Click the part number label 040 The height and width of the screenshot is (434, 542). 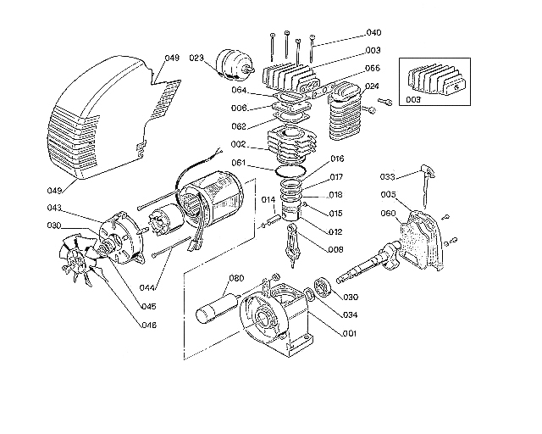point(373,33)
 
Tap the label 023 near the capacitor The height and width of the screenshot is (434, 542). point(196,58)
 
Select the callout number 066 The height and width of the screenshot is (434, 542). point(373,68)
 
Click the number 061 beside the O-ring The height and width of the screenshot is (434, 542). point(240,164)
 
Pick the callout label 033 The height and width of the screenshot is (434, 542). point(388,177)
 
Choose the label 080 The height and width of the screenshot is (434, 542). point(236,278)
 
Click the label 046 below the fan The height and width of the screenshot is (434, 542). point(148,325)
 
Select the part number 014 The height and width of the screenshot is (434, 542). point(268,200)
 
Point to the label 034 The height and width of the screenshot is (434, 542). point(349,314)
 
